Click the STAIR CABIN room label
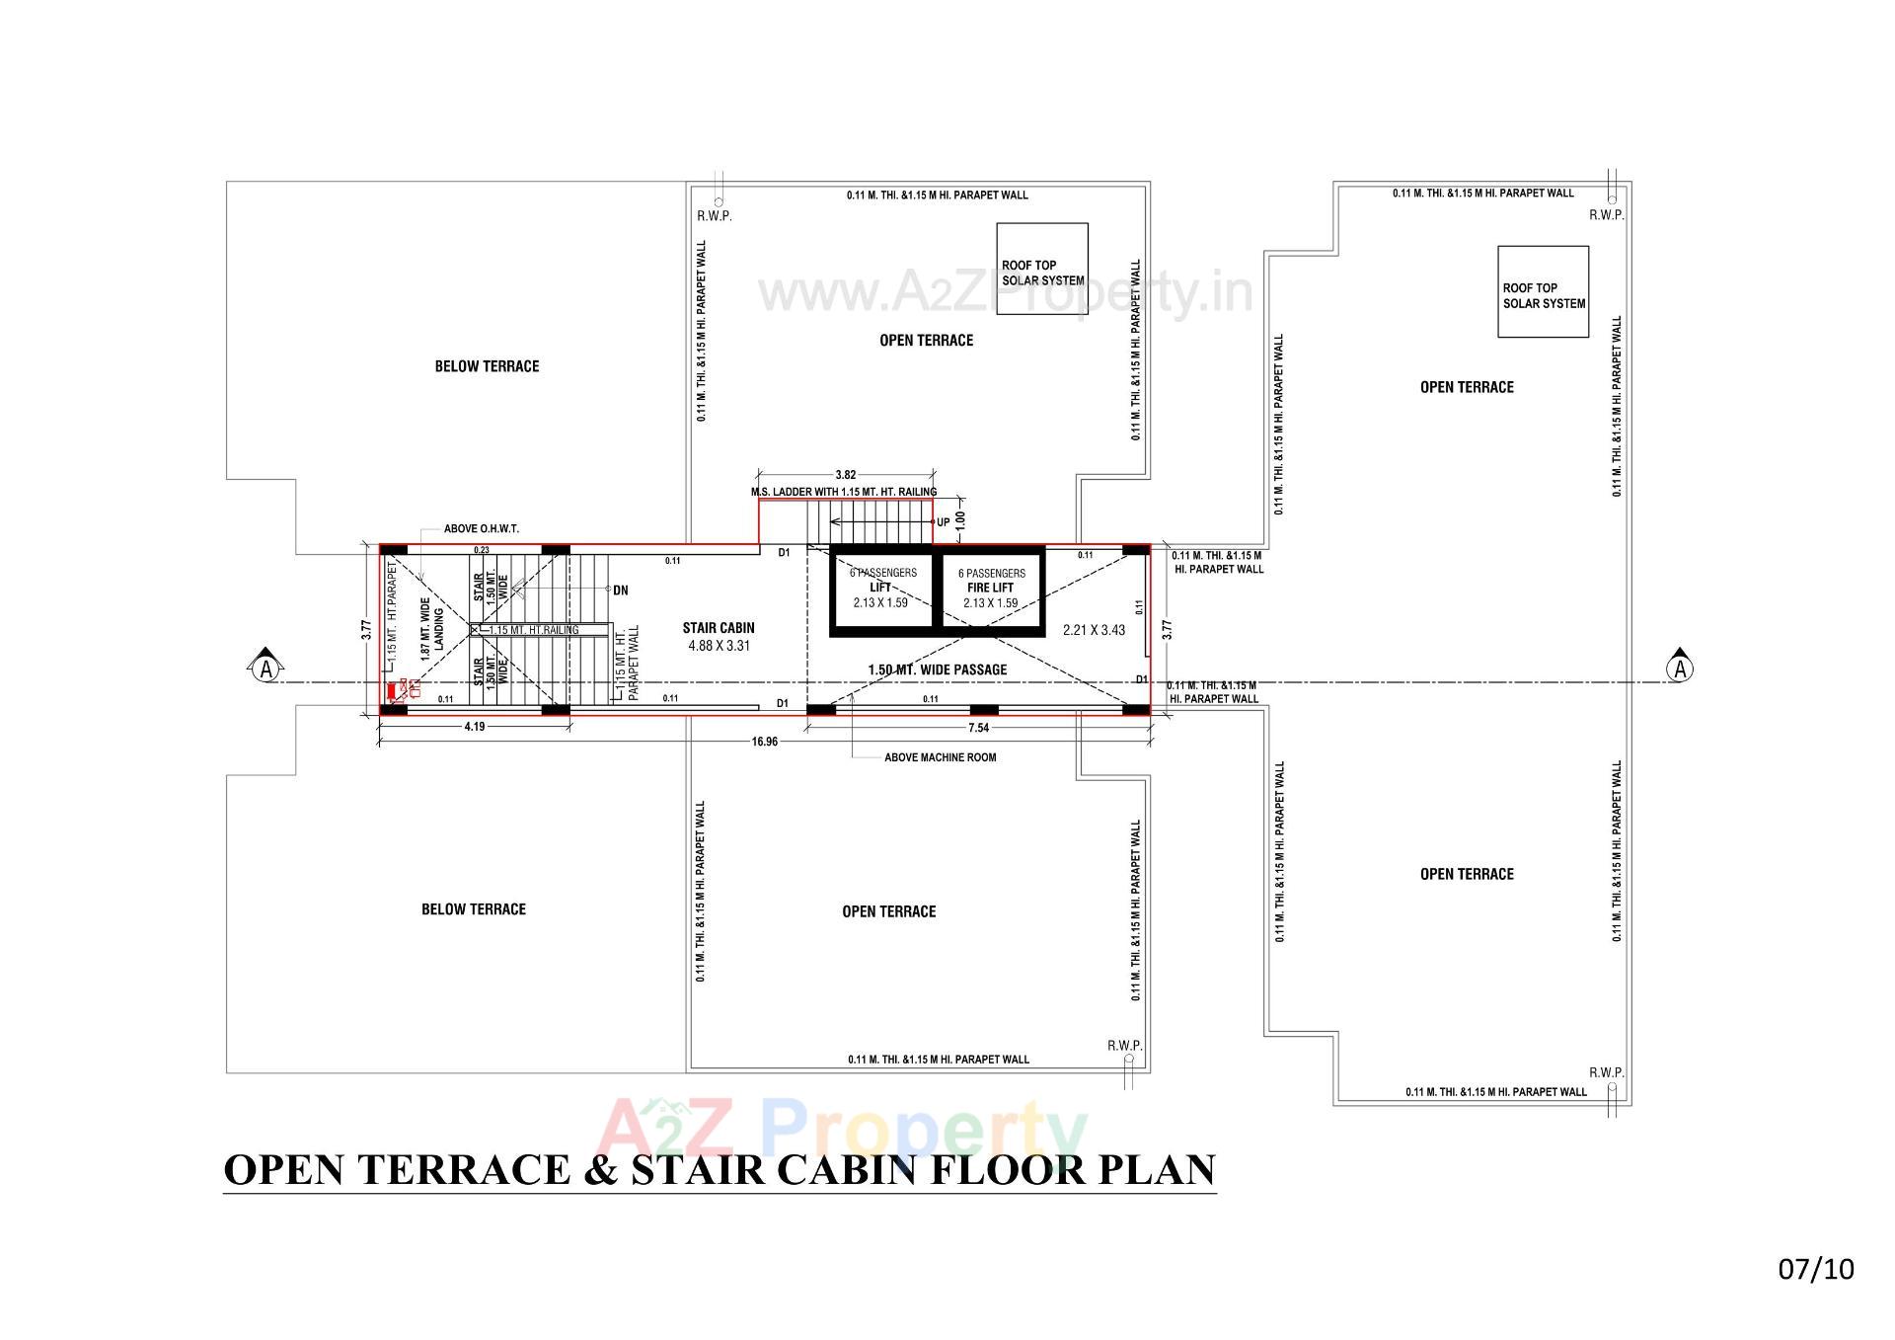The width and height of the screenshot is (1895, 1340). [x=718, y=628]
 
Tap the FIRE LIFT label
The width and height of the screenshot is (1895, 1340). [x=990, y=588]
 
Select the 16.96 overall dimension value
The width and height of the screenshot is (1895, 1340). [x=764, y=742]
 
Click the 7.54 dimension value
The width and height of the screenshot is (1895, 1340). [x=978, y=728]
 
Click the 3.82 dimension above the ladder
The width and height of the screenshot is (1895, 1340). [x=845, y=475]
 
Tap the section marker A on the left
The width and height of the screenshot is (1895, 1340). [x=265, y=670]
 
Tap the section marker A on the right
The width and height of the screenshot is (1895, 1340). [x=1680, y=670]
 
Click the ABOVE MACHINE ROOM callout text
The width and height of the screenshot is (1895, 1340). [x=940, y=757]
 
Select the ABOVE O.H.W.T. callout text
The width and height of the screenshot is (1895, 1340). [x=481, y=529]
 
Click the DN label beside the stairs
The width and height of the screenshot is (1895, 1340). [x=620, y=591]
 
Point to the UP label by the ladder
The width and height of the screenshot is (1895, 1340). [x=943, y=522]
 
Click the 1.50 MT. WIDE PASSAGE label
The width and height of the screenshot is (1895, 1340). [x=937, y=670]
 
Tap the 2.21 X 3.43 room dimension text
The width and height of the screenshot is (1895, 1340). [x=1093, y=630]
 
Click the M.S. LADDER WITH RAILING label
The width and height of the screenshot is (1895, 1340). [x=843, y=492]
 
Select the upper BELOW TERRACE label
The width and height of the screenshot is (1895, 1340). [x=487, y=366]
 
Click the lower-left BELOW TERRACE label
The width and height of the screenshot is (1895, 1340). [x=473, y=909]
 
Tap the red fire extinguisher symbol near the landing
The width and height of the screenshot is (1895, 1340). [x=393, y=691]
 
